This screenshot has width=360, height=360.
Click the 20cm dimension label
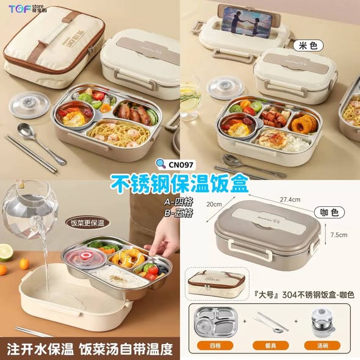click(x=214, y=204)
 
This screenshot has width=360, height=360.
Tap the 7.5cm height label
click(x=339, y=234)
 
